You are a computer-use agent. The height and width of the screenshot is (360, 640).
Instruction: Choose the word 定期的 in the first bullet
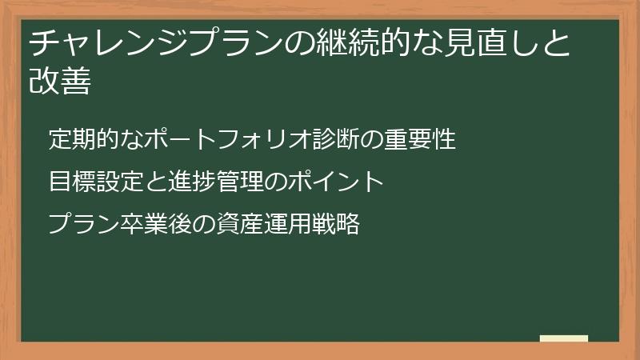tap(83, 139)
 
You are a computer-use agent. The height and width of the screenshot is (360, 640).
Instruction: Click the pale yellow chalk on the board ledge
tap(564, 338)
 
